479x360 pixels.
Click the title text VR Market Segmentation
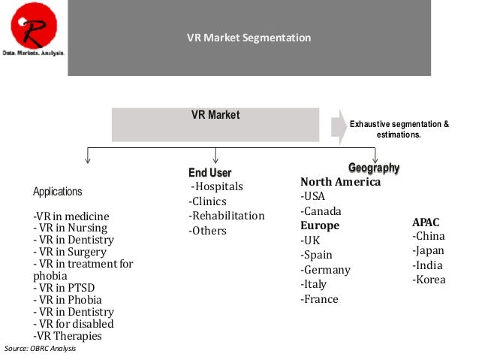pyautogui.click(x=249, y=38)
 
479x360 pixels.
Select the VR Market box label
pyautogui.click(x=215, y=115)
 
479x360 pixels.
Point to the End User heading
pyautogui.click(x=209, y=174)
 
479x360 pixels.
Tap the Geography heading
pyautogui.click(x=374, y=168)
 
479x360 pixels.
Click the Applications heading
pyautogui.click(x=58, y=192)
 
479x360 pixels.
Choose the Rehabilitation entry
pyautogui.click(x=227, y=216)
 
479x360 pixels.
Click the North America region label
pyautogui.click(x=340, y=182)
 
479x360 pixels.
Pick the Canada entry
pyautogui.click(x=321, y=211)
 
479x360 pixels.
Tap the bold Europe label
pyautogui.click(x=320, y=225)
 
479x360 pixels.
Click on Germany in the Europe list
pyautogui.click(x=326, y=270)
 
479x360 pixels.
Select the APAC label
pyautogui.click(x=426, y=222)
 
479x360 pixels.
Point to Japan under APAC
pyautogui.click(x=429, y=251)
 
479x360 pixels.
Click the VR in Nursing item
pyautogui.click(x=71, y=228)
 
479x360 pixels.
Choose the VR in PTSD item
pyautogui.click(x=65, y=288)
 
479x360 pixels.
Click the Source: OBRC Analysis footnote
pyautogui.click(x=41, y=349)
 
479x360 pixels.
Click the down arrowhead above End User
pyautogui.click(x=215, y=159)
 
